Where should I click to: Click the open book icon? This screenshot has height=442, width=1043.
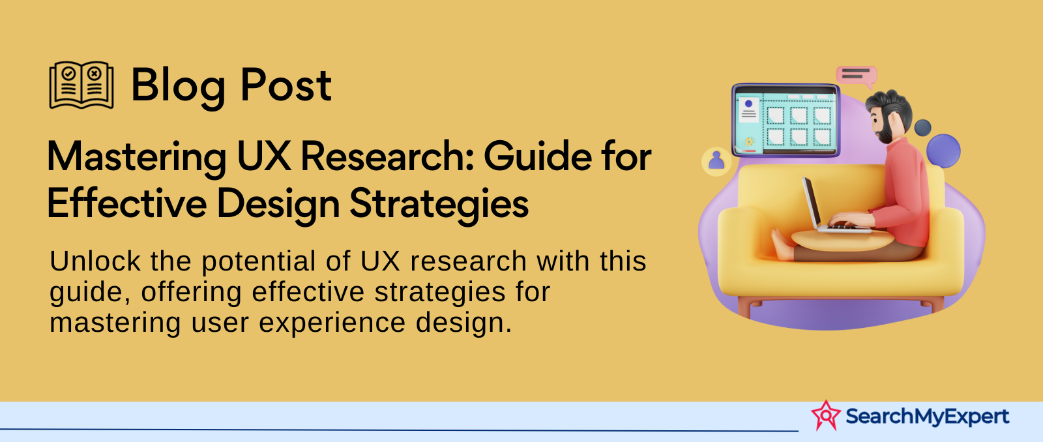[x=81, y=85]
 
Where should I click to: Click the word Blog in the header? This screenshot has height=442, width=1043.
[x=179, y=85]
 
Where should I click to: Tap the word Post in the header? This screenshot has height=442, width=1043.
[x=286, y=85]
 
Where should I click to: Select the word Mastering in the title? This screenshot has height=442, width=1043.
[x=136, y=158]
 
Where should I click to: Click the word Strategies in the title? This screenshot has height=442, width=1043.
[x=439, y=205]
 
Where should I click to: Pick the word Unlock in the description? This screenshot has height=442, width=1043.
[x=95, y=261]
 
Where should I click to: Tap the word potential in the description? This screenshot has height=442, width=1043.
[x=259, y=262]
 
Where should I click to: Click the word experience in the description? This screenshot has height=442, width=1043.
[x=332, y=323]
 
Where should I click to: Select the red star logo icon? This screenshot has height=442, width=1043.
[x=826, y=415]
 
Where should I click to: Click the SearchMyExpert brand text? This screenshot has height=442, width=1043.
[x=927, y=416]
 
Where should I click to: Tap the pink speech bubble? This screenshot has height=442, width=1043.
[x=857, y=76]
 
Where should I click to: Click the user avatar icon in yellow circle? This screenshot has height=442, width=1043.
[x=716, y=161]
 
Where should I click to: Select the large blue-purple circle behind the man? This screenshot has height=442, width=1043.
[x=943, y=151]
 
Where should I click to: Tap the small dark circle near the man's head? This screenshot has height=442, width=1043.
[x=923, y=128]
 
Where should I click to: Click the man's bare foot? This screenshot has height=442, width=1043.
[x=782, y=244]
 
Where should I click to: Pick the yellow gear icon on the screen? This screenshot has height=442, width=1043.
[x=749, y=141]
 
